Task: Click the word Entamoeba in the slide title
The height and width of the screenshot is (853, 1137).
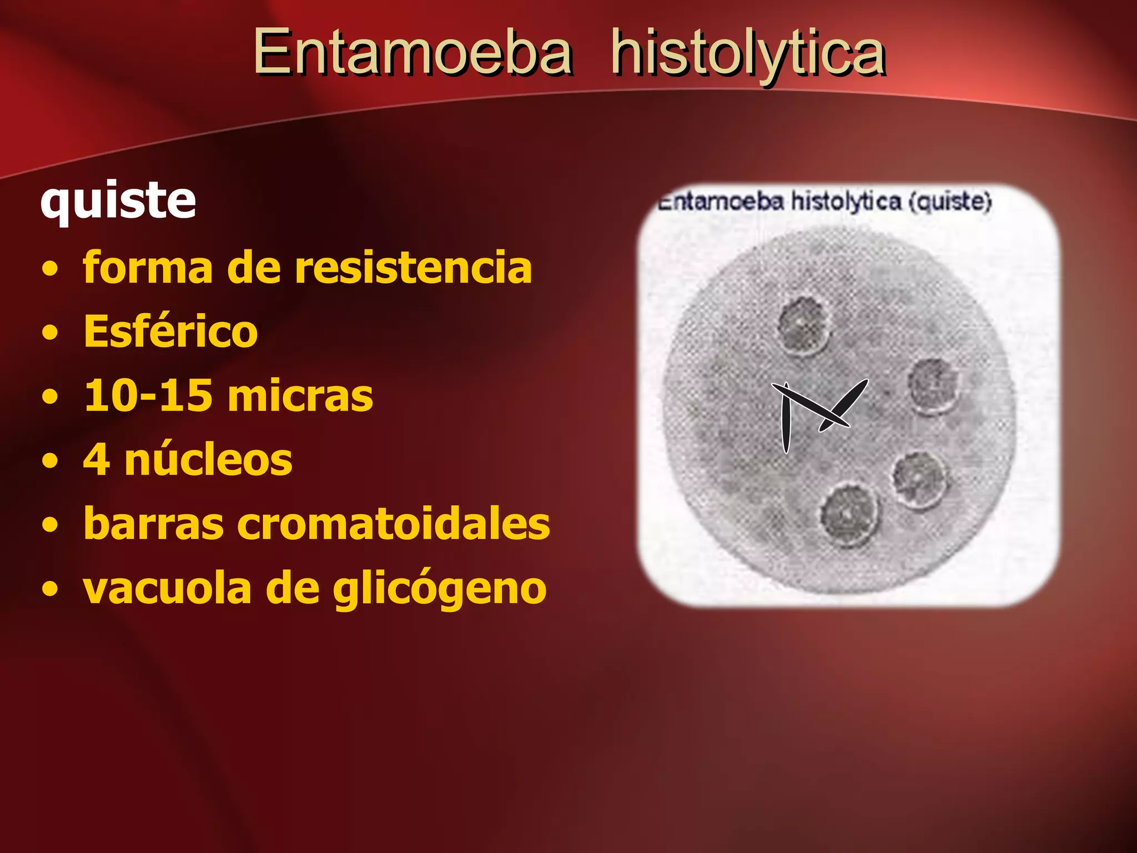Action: (x=412, y=53)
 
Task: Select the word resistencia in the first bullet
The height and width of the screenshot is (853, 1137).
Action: (x=413, y=268)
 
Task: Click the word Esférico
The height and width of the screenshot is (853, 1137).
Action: (x=170, y=332)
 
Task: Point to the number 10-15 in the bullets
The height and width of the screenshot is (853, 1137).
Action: (x=148, y=395)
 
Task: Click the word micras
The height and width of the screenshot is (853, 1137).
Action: (x=300, y=397)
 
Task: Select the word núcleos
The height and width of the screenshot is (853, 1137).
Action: (x=208, y=460)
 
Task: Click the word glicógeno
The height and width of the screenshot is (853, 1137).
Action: (x=440, y=589)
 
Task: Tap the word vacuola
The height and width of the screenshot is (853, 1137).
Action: (x=167, y=589)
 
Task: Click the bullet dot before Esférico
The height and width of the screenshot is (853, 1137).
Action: (x=50, y=333)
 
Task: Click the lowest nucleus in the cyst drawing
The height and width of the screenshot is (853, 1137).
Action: (x=849, y=514)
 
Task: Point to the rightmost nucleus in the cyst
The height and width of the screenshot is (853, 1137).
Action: (x=934, y=385)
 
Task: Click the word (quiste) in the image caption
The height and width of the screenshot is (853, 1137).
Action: (x=950, y=202)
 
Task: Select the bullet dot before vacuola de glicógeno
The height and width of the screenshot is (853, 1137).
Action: (x=50, y=589)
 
